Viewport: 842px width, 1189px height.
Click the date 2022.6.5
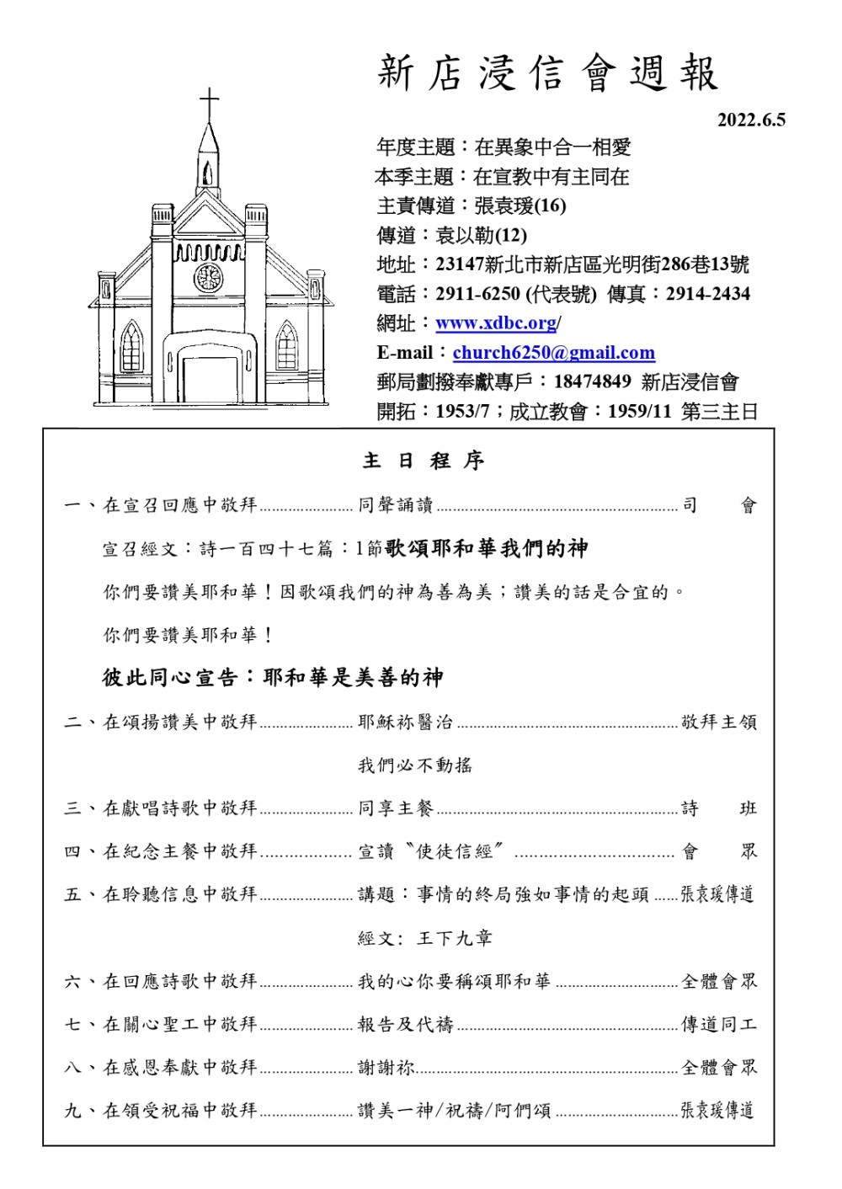pyautogui.click(x=751, y=120)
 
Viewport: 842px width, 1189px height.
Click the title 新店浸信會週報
pyautogui.click(x=548, y=73)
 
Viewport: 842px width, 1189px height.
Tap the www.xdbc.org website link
pyautogui.click(x=496, y=323)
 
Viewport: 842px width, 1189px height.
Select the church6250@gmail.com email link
pyautogui.click(x=553, y=353)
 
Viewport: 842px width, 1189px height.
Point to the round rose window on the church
pyautogui.click(x=208, y=277)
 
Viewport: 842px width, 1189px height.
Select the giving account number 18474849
pyautogui.click(x=592, y=381)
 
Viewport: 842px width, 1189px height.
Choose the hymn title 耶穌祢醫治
pyautogui.click(x=405, y=722)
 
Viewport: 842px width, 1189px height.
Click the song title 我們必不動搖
pyautogui.click(x=415, y=765)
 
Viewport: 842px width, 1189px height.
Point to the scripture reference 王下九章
pyautogui.click(x=455, y=938)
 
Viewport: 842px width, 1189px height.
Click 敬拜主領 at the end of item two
pyautogui.click(x=719, y=722)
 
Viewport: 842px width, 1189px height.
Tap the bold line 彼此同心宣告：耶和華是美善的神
pyautogui.click(x=273, y=678)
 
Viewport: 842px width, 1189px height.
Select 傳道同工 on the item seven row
pyautogui.click(x=719, y=1025)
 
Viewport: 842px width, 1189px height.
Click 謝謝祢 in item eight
pyautogui.click(x=386, y=1068)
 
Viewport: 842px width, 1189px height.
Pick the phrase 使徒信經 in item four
pyautogui.click(x=455, y=851)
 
